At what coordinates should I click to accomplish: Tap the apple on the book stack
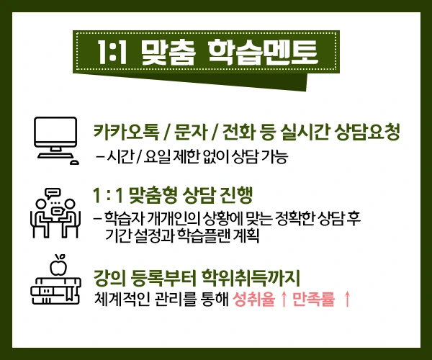click(x=57, y=267)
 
